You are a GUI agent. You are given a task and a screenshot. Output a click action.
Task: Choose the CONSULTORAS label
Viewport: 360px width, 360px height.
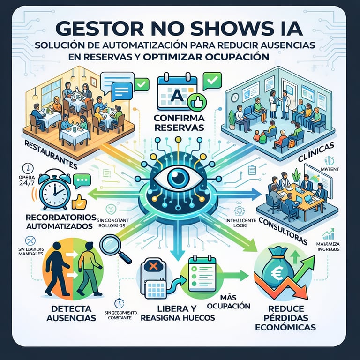click(x=286, y=230)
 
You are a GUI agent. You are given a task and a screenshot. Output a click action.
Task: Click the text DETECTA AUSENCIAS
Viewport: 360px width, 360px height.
click(x=69, y=313)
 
